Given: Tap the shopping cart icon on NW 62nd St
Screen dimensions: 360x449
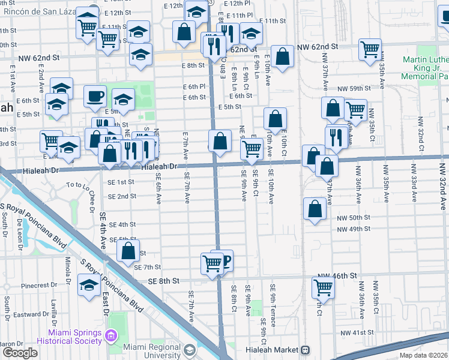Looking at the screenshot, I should tap(370, 50).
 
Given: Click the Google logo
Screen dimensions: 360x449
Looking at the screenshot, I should tap(20, 353).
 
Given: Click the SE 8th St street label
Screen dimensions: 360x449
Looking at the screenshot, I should tap(160, 281).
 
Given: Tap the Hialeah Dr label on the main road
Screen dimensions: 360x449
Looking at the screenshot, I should tap(160, 166).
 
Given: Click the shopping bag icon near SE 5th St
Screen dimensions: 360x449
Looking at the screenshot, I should tap(128, 251).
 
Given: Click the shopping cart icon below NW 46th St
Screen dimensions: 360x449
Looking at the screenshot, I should tap(323, 288).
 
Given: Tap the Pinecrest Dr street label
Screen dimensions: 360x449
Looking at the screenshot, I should tap(37, 286).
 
